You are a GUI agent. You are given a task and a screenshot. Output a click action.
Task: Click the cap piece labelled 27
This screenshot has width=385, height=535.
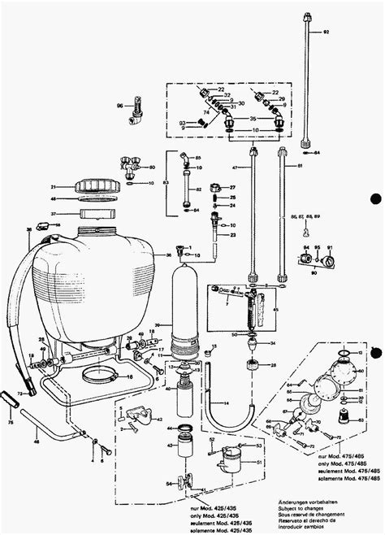pyautogui.click(x=215, y=189)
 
